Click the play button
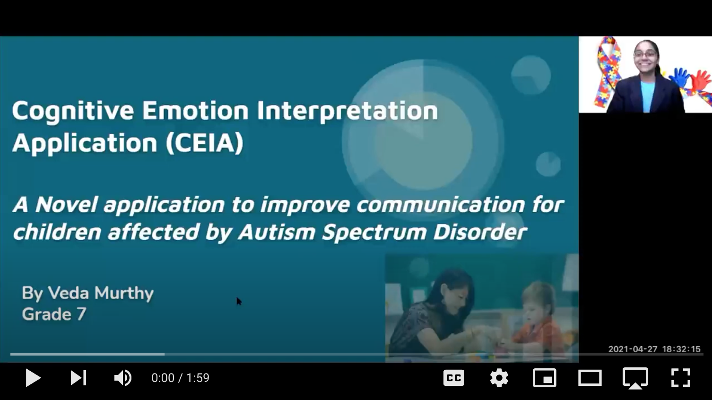(x=33, y=378)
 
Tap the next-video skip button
(x=78, y=378)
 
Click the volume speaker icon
(x=123, y=378)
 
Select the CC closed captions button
(x=453, y=378)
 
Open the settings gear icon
(x=499, y=378)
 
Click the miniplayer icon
(x=545, y=378)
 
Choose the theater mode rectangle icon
(x=590, y=378)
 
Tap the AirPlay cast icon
(x=635, y=378)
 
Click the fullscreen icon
(x=680, y=378)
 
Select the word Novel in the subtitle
(x=66, y=204)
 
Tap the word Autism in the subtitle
(x=276, y=232)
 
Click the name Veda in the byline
(x=69, y=293)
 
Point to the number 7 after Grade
(x=81, y=314)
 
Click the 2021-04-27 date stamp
(x=633, y=349)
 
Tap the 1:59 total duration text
(x=198, y=378)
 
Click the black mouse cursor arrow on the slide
(x=239, y=301)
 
